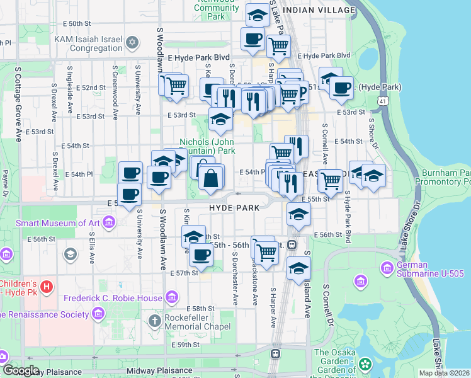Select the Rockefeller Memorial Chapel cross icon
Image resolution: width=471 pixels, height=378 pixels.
(155, 321)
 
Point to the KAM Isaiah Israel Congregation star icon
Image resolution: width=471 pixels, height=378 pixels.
(132, 43)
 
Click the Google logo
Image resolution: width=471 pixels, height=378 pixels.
(21, 370)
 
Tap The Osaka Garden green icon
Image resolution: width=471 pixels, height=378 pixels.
(365, 364)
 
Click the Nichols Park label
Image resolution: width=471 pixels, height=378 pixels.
(207, 146)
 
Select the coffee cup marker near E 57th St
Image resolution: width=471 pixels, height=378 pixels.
(201, 255)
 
